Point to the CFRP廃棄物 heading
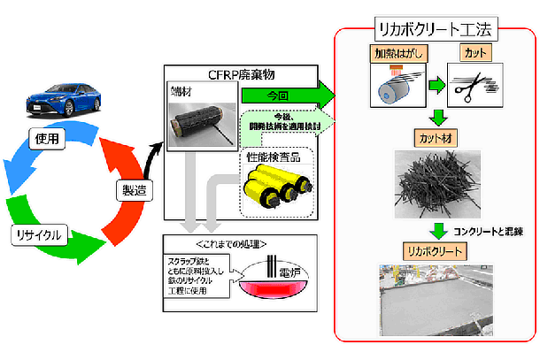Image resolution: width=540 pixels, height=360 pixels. [240, 73]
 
